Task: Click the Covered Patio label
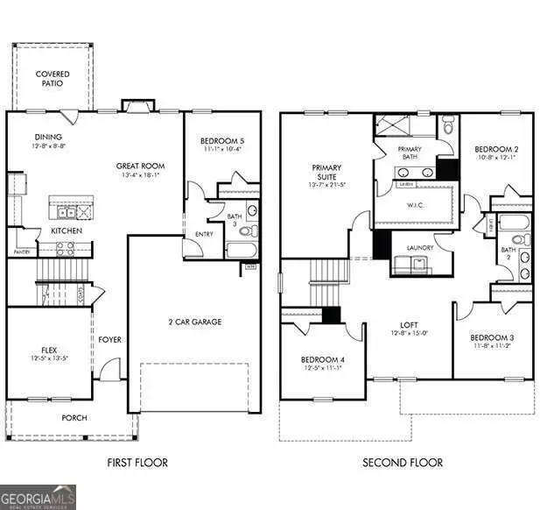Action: point(53,79)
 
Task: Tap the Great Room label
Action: point(140,166)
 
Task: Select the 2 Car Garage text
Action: point(194,322)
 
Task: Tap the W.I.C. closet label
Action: point(415,207)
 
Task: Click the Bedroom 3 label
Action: point(490,337)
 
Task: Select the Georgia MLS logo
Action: point(39,496)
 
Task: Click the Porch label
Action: point(74,417)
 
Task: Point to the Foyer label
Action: point(109,340)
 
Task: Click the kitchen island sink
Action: point(65,212)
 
